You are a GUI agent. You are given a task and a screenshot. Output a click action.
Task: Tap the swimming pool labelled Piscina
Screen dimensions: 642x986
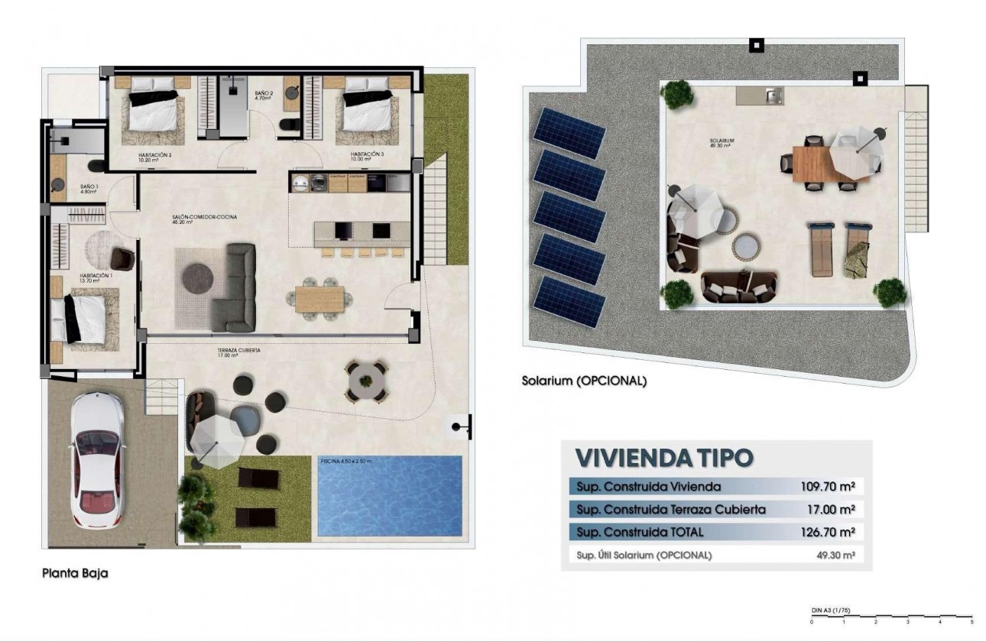(389, 497)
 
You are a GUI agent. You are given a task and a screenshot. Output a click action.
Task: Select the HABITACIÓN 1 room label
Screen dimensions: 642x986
(96, 277)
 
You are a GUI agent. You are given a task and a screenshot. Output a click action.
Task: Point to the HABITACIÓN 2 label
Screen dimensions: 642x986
(154, 157)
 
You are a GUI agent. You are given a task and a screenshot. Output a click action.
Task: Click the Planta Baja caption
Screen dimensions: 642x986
(75, 572)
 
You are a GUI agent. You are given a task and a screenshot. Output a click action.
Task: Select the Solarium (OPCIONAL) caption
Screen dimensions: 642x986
(584, 380)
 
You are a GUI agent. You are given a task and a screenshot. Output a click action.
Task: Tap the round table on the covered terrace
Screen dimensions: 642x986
(368, 379)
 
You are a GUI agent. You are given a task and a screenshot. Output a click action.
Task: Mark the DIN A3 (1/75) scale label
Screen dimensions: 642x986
(831, 610)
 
